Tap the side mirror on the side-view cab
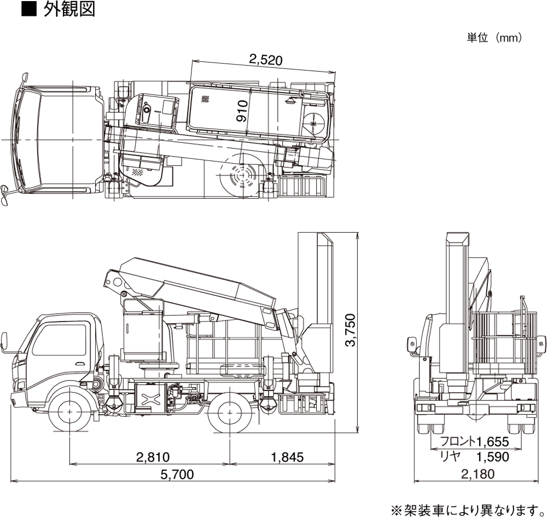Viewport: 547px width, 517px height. click(x=5, y=340)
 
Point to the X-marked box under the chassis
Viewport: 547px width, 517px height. click(x=149, y=395)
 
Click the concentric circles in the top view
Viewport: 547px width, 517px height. click(x=241, y=176)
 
